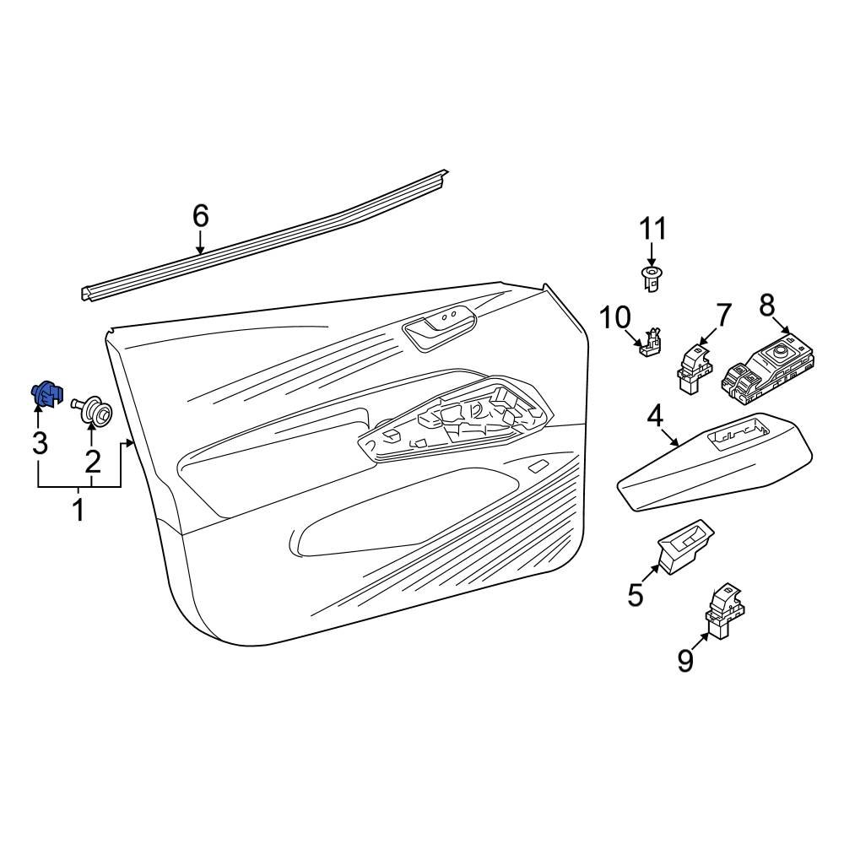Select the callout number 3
[x=40, y=444]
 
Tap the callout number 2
[x=93, y=462]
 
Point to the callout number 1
[x=79, y=509]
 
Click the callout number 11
[x=652, y=229]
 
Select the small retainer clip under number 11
[x=652, y=279]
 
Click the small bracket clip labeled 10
[x=650, y=343]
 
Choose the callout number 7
[x=723, y=316]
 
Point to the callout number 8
[x=767, y=306]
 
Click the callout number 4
[x=655, y=417]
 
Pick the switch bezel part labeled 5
[x=685, y=546]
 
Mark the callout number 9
[x=684, y=661]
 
